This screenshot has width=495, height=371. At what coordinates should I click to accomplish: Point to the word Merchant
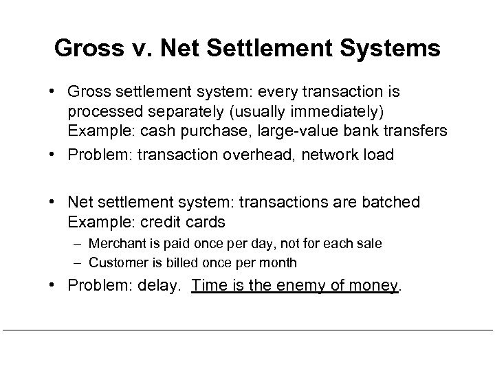[114, 244]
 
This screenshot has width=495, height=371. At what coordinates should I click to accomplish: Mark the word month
[280, 262]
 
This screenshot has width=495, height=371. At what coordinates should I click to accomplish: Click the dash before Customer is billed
[79, 262]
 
